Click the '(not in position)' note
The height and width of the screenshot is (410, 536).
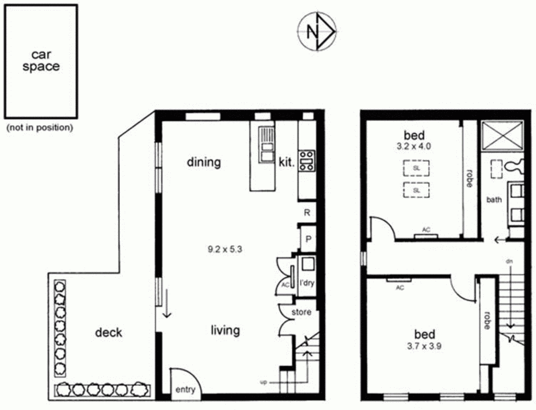[39, 127]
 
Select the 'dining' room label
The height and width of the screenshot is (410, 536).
[204, 162]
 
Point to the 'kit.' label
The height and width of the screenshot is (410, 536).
[287, 162]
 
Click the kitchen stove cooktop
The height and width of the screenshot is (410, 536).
[307, 161]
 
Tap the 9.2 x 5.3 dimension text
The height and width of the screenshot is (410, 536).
[224, 249]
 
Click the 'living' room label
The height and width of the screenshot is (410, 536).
[225, 330]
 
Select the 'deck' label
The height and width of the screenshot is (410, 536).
[108, 332]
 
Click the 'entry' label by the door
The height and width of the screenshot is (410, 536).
[184, 389]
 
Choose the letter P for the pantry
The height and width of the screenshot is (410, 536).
[307, 238]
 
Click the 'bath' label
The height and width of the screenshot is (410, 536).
[494, 199]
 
